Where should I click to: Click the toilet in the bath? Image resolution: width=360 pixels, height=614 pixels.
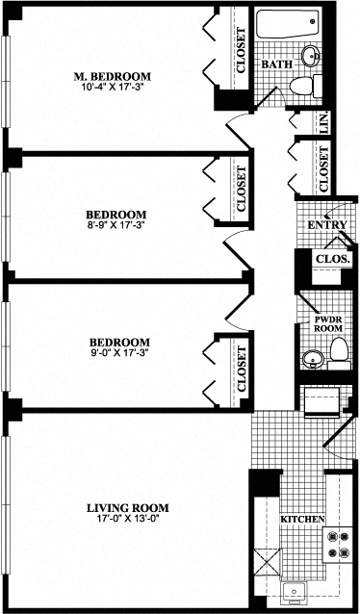[306, 86]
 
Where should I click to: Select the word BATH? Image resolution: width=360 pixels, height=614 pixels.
[277, 64]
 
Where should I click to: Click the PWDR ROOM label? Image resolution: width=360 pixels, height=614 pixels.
[329, 322]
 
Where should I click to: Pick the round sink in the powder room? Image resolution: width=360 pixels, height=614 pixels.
[310, 360]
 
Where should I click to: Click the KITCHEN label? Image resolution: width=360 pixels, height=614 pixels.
[300, 520]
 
